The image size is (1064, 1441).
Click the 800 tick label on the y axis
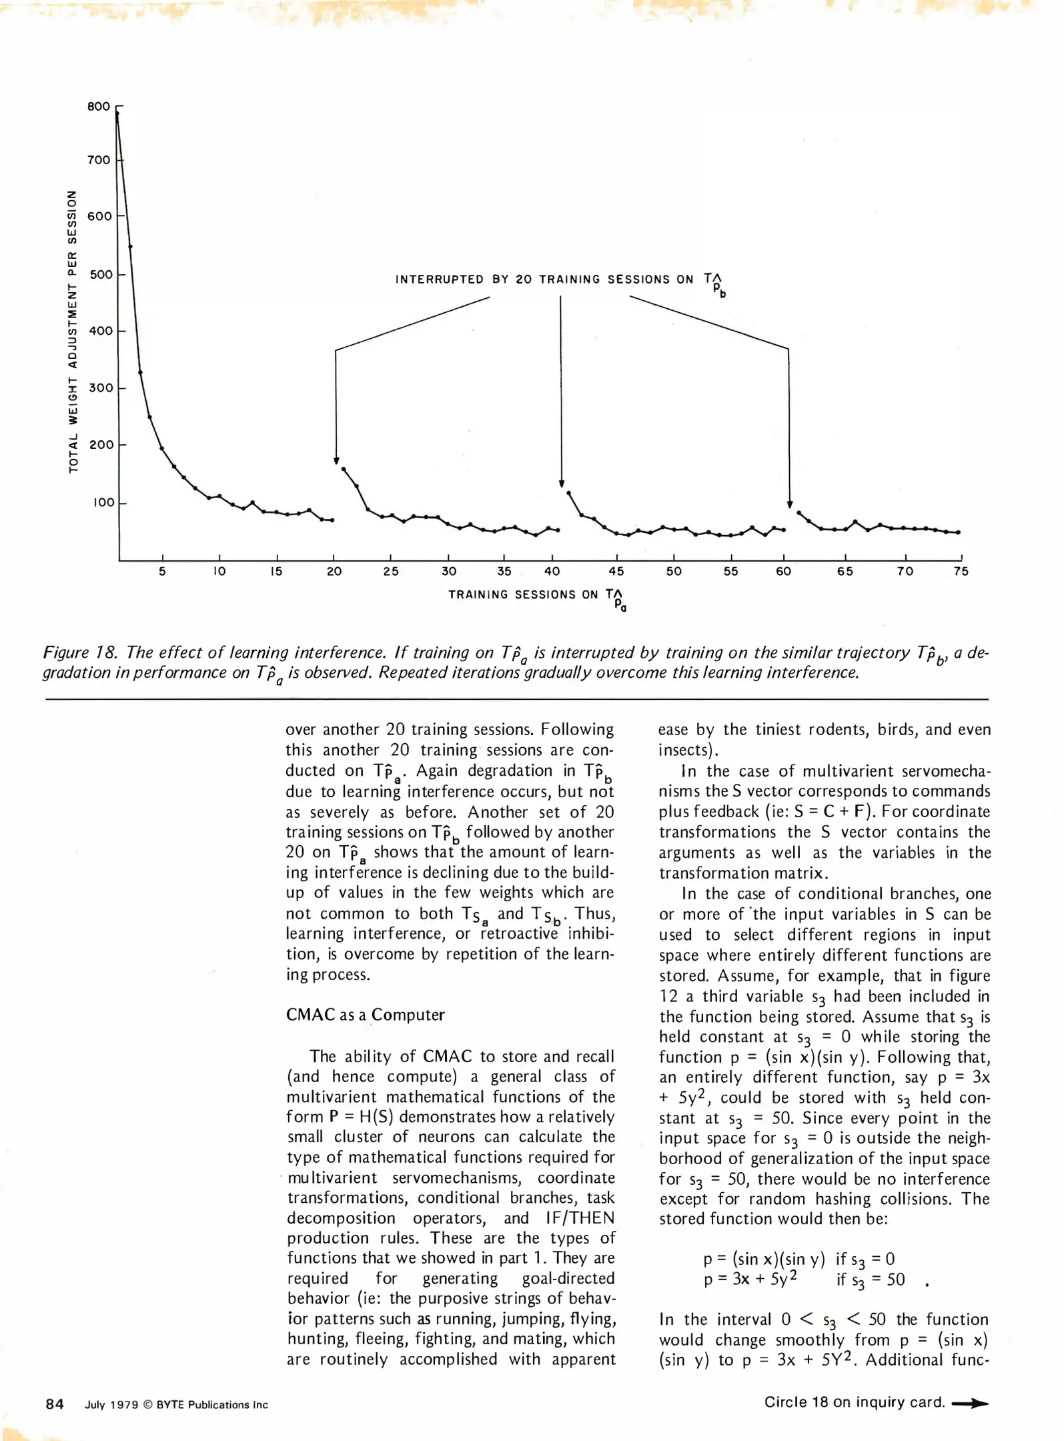pyautogui.click(x=99, y=107)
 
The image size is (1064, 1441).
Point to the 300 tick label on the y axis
pyautogui.click(x=101, y=388)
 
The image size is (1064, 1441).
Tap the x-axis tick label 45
pyautogui.click(x=616, y=572)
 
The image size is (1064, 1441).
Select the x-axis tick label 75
pyautogui.click(x=961, y=572)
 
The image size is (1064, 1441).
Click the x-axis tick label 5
pyautogui.click(x=162, y=572)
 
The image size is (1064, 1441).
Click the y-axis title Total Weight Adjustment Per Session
pyautogui.click(x=73, y=332)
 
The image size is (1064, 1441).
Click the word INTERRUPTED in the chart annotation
pyautogui.click(x=439, y=280)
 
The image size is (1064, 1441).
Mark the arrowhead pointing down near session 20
pyautogui.click(x=336, y=461)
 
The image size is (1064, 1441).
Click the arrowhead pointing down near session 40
pyautogui.click(x=562, y=484)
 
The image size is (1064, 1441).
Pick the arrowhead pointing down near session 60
pyautogui.click(x=790, y=505)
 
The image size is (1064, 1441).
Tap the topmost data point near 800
pyautogui.click(x=117, y=114)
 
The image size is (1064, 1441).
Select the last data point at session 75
pyautogui.click(x=959, y=532)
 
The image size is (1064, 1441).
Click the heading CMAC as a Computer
pyautogui.click(x=365, y=1015)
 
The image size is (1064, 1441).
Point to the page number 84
pyautogui.click(x=55, y=1404)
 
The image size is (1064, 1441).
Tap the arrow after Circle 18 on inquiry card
pyautogui.click(x=970, y=1404)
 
